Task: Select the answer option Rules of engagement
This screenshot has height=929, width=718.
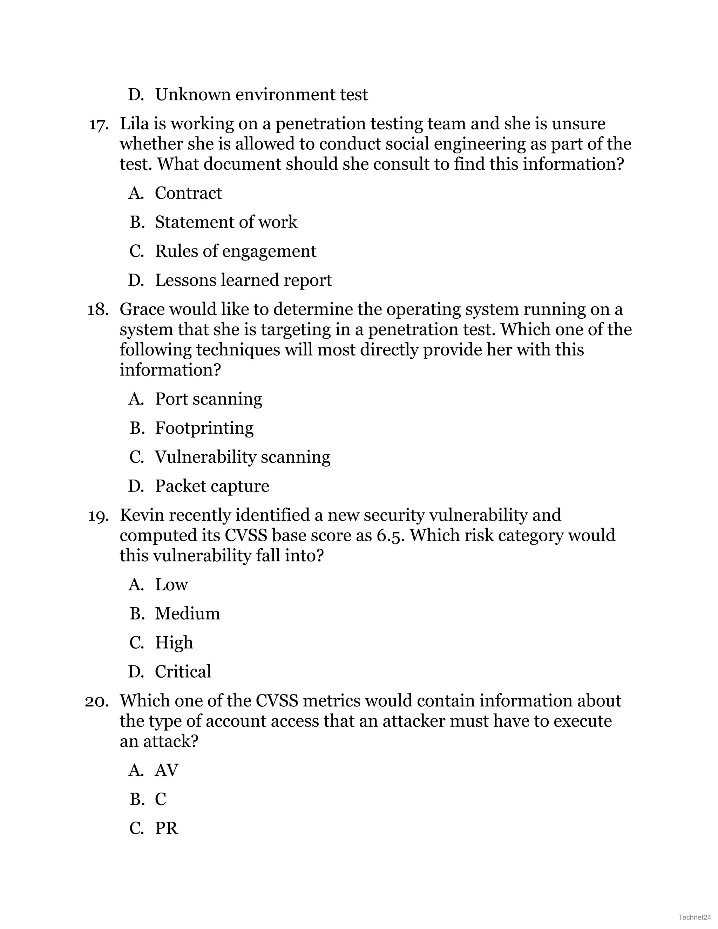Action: [x=235, y=251]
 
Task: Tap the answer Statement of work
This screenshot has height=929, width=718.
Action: [x=226, y=222]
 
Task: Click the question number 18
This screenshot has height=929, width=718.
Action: [x=98, y=310]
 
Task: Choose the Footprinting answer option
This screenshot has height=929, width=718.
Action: [x=204, y=428]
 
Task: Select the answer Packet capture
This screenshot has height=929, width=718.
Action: [x=212, y=486]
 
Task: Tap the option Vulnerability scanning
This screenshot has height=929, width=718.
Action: [x=243, y=457]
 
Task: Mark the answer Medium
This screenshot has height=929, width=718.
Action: [x=187, y=614]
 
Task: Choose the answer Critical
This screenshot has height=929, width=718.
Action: [x=183, y=672]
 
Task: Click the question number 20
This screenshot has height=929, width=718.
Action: [x=97, y=701]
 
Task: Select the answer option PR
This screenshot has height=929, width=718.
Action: [x=166, y=828]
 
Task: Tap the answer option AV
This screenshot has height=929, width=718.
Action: [x=166, y=770]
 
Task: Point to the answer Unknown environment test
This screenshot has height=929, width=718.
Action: [x=261, y=94]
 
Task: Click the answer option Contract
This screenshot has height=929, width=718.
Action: [x=188, y=193]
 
